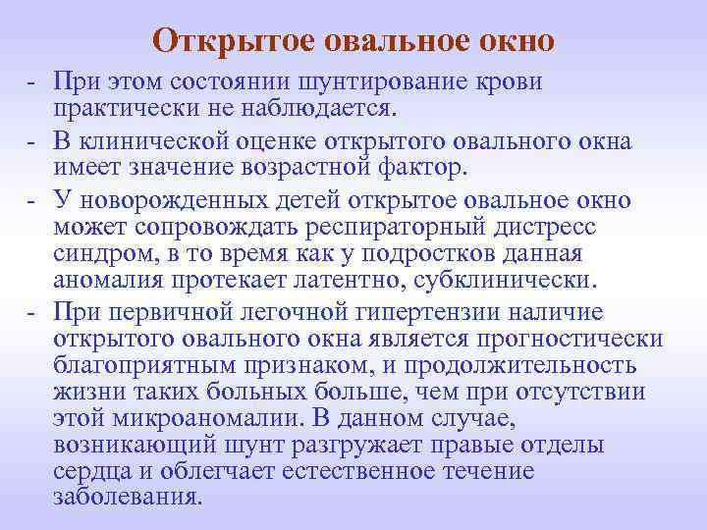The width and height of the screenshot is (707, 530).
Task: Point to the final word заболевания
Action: coord(128,497)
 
